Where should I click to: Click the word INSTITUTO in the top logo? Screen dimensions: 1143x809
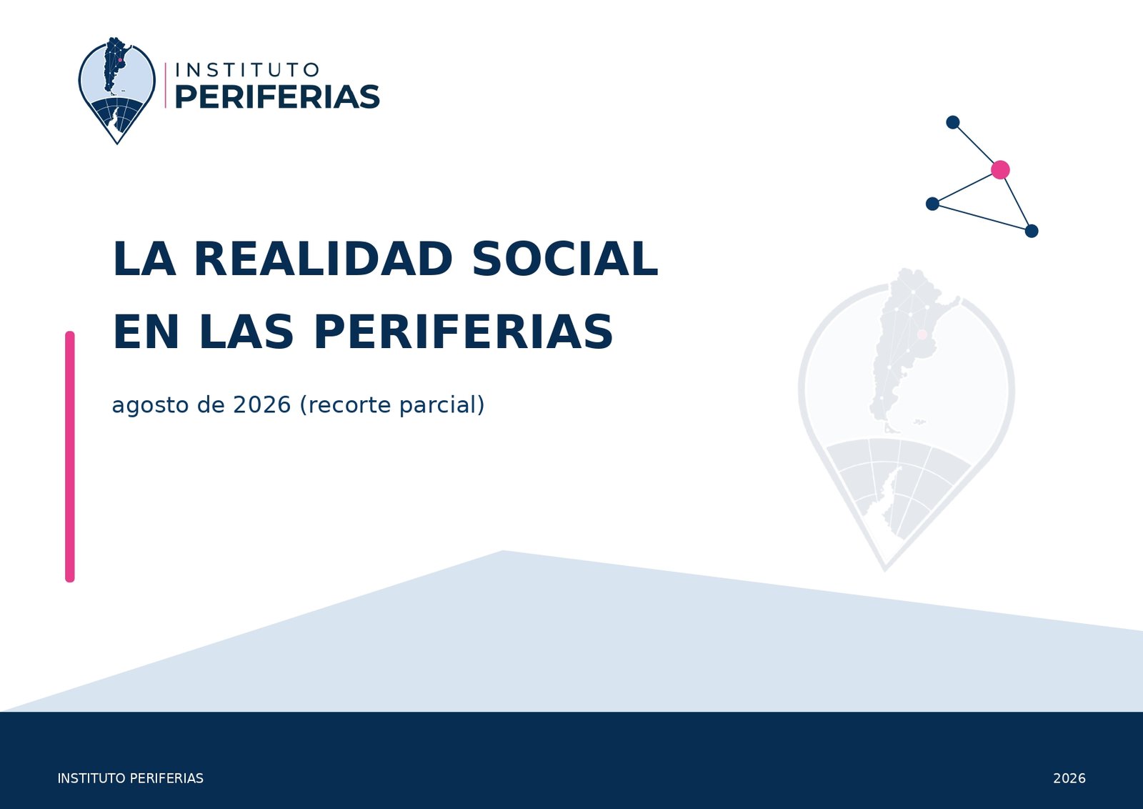(x=247, y=70)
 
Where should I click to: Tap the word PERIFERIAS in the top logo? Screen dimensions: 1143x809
(x=278, y=97)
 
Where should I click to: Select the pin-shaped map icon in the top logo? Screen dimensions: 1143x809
(x=117, y=90)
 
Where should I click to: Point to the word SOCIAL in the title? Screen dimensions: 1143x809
(x=565, y=259)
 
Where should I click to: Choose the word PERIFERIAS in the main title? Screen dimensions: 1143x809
(x=464, y=332)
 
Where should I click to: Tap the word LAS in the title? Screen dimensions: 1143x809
(x=246, y=332)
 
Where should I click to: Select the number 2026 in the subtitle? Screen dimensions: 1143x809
(x=261, y=404)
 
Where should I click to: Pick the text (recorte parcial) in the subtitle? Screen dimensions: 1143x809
(x=392, y=405)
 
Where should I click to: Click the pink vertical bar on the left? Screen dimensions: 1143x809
(x=70, y=457)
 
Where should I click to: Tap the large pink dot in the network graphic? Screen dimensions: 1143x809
(x=1000, y=169)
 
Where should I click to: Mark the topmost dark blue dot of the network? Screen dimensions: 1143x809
(x=953, y=122)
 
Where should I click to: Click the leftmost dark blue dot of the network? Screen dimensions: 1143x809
(x=932, y=204)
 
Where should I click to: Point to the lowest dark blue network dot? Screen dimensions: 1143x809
(x=1032, y=232)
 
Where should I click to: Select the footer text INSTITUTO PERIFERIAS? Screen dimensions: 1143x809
(x=130, y=778)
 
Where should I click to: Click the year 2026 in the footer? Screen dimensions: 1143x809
(x=1069, y=778)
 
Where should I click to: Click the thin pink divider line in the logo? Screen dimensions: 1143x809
(x=165, y=85)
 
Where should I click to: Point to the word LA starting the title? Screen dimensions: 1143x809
(x=144, y=259)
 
